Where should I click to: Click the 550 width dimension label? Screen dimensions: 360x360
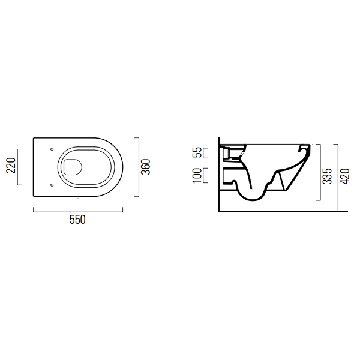point(77,220)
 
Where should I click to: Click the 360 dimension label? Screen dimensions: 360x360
point(146,167)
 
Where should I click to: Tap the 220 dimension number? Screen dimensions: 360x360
point(11,166)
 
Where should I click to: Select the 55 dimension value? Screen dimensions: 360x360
point(197,152)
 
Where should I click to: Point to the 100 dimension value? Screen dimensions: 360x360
point(197,175)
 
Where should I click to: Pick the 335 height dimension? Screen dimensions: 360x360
point(328,176)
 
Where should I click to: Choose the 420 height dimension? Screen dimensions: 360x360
point(344,176)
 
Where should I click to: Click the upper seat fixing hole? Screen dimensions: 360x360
point(52,149)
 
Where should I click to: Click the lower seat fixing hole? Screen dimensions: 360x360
point(52,185)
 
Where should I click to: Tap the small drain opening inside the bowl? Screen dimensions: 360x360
point(73,167)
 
